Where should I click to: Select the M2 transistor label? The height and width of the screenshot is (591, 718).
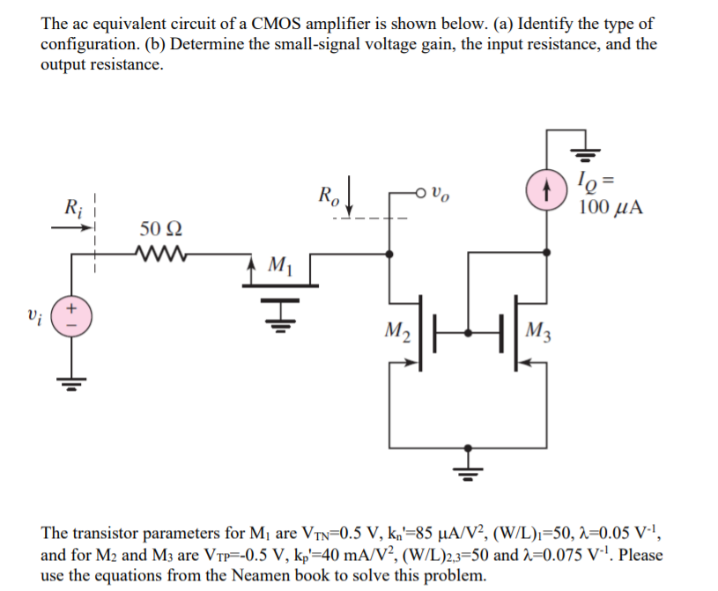click(398, 333)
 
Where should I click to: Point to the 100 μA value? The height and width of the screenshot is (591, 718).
click(610, 209)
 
